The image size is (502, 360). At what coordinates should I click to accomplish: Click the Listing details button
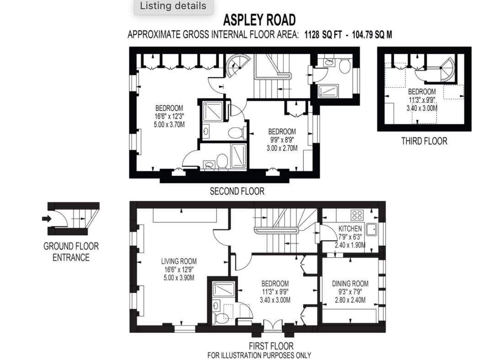coord(173,6)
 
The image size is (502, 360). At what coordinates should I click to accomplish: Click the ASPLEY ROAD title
coord(259,20)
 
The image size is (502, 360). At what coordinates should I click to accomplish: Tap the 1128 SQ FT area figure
coord(323,34)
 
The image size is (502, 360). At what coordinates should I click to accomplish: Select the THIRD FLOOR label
coord(424,141)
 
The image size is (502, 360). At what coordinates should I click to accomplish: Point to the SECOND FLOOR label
coord(237,191)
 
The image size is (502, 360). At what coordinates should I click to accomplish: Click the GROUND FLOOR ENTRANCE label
coord(71,252)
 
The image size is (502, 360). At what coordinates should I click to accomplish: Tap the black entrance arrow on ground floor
coord(47,219)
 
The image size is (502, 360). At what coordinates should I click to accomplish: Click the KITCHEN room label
coord(350,228)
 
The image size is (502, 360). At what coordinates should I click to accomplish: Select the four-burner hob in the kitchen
coord(357,215)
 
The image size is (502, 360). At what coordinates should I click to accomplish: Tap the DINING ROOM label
coord(350,284)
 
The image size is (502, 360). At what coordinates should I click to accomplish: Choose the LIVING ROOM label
coord(179,261)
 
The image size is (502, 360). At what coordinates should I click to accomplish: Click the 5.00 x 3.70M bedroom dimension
coord(169,124)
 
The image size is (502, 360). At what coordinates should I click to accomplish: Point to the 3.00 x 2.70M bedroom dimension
coord(282,148)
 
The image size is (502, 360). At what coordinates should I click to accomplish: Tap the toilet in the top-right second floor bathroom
coord(344,66)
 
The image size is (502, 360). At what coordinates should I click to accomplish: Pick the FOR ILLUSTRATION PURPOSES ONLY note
coord(259,355)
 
